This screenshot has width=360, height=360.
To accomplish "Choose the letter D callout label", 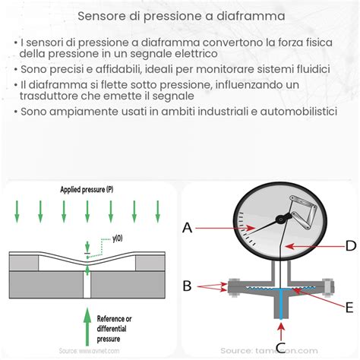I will click(349, 245).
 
